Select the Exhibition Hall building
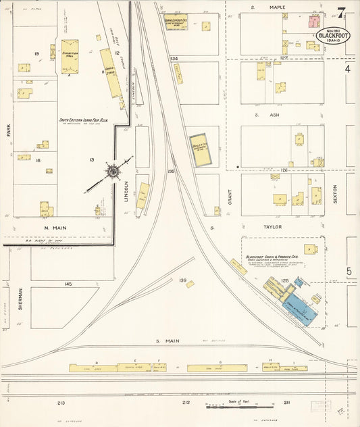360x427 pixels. (70, 53)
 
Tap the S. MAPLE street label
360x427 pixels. (277, 7)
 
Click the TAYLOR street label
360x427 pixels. (274, 227)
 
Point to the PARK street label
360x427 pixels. (8, 129)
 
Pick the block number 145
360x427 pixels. (68, 284)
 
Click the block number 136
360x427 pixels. (182, 280)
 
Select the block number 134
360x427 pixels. (174, 59)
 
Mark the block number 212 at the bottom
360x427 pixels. (186, 403)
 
